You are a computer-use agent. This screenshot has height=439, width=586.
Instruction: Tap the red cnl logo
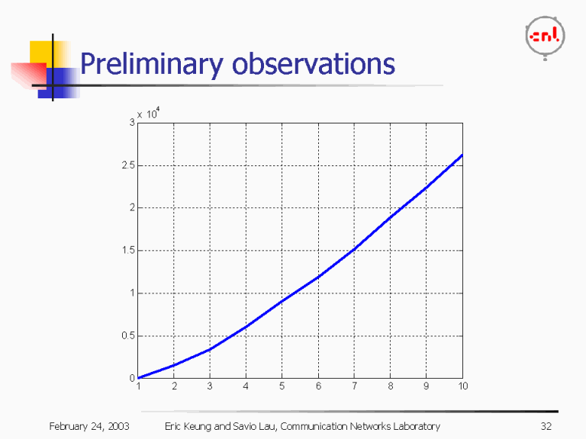(546, 36)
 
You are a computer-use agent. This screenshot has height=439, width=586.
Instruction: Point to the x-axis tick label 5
(282, 386)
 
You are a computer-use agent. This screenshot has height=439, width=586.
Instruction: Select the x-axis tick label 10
(462, 386)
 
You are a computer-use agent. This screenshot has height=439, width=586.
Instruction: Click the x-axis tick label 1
(138, 386)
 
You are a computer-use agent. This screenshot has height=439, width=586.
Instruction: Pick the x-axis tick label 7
(354, 386)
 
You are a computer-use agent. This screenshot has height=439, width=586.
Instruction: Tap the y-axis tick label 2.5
(127, 165)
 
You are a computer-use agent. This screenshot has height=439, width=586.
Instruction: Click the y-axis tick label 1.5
(127, 250)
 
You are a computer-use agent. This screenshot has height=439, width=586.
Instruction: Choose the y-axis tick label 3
(131, 122)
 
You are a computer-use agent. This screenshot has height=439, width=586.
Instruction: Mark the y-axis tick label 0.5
(127, 335)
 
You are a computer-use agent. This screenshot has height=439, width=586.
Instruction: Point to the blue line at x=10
(461, 156)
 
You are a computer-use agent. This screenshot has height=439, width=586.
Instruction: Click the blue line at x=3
(210, 349)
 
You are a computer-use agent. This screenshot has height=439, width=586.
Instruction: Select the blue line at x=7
(354, 248)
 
